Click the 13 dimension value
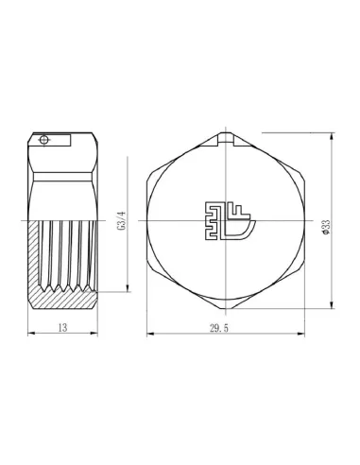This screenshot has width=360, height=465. point(63,328)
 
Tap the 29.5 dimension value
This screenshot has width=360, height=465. point(219,328)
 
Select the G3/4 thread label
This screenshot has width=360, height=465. point(122,220)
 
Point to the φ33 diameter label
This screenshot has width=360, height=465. point(326,227)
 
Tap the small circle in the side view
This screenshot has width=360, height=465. point(43,140)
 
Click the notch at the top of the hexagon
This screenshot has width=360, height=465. point(226,140)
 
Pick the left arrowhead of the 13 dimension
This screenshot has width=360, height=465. point(31,333)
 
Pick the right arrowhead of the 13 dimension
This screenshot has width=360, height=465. point(94,333)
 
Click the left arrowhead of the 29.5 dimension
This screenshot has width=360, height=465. point(150,334)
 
